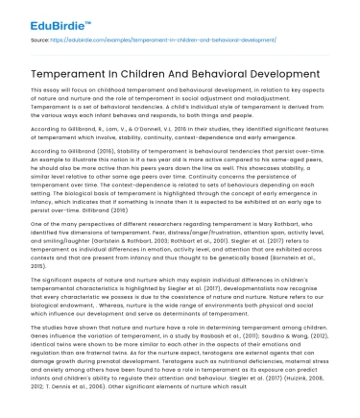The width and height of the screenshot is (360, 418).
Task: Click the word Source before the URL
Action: point(39,43)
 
